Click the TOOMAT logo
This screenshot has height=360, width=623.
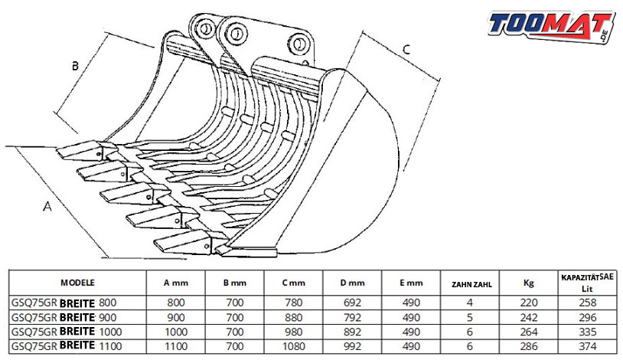pyautogui.click(x=553, y=26)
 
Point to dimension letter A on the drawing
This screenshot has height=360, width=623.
pyautogui.click(x=47, y=207)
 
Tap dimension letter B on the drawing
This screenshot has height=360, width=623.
pyautogui.click(x=75, y=66)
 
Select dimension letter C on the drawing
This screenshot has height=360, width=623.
pyautogui.click(x=406, y=50)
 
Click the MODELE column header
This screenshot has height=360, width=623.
pyautogui.click(x=77, y=283)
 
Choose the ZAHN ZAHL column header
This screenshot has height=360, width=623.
pyautogui.click(x=471, y=284)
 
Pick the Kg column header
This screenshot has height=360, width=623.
pyautogui.click(x=528, y=283)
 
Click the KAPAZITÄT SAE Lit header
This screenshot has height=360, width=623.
pyautogui.click(x=587, y=283)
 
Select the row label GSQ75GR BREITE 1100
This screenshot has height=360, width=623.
pyautogui.click(x=67, y=346)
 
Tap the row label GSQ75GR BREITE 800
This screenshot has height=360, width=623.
pyautogui.click(x=64, y=303)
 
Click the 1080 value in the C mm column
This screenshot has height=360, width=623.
pyautogui.click(x=294, y=346)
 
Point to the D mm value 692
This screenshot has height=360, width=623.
pyautogui.click(x=352, y=303)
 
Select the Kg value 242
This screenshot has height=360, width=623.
pyautogui.click(x=529, y=317)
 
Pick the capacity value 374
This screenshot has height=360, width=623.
pyautogui.click(x=588, y=346)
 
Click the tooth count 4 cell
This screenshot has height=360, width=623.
pyautogui.click(x=470, y=303)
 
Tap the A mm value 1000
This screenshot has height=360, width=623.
pyautogui.click(x=176, y=332)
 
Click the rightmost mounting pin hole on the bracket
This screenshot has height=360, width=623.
pyautogui.click(x=298, y=42)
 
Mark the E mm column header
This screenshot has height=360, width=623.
pyautogui.click(x=411, y=283)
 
